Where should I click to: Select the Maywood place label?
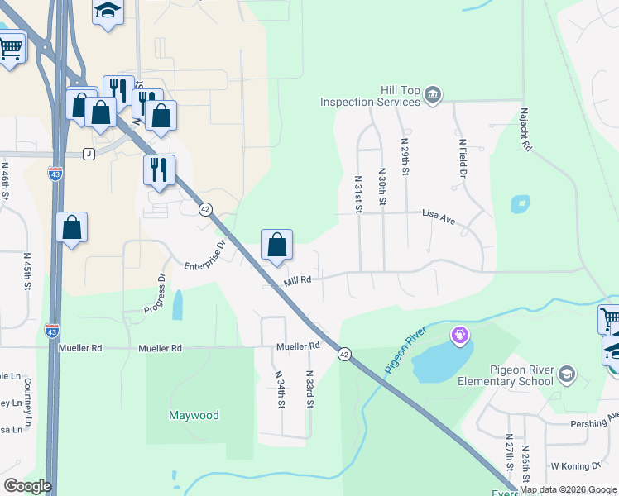(x=194, y=415)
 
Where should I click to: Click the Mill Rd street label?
(x=297, y=280)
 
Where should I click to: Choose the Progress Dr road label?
(x=155, y=295)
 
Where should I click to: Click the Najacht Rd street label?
(x=525, y=128)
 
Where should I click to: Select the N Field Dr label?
(x=463, y=158)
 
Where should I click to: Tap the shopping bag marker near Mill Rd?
(x=276, y=245)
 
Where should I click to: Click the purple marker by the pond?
(x=460, y=336)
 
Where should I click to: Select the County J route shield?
(x=89, y=154)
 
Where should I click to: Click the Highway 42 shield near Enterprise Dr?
(x=205, y=209)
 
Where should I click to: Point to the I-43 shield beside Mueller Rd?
(x=51, y=329)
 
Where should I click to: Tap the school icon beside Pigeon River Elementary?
(x=566, y=374)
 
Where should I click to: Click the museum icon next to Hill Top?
(x=433, y=96)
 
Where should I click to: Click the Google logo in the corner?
(x=27, y=486)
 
